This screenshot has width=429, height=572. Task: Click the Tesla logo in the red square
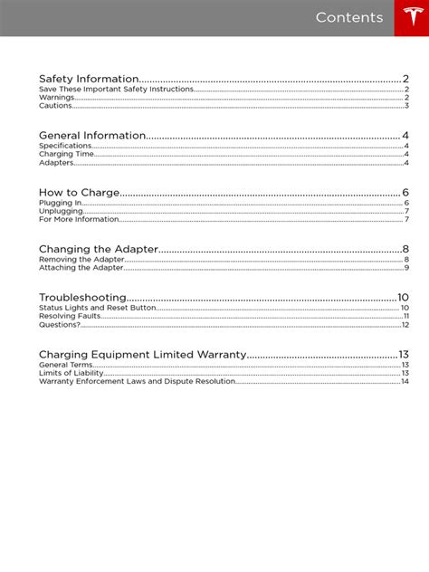tap(411, 18)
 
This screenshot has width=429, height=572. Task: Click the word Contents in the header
tap(349, 18)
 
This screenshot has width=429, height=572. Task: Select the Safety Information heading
tap(89, 79)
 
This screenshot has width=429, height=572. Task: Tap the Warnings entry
tap(56, 98)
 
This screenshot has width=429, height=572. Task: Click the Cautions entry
tap(55, 106)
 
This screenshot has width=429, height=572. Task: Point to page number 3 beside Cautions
tap(406, 106)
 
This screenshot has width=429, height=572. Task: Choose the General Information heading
tap(91, 136)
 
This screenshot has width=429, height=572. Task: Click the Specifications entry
tap(65, 146)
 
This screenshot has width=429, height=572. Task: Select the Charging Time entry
tap(67, 155)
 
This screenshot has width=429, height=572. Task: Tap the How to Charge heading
tap(79, 193)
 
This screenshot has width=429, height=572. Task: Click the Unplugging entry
tap(60, 211)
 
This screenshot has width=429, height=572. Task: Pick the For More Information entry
tap(79, 220)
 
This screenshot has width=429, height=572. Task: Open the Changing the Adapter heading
tap(99, 249)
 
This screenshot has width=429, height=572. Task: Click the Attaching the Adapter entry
tap(81, 268)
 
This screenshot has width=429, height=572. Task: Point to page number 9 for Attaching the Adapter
tap(406, 268)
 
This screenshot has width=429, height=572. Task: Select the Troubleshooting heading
tap(82, 298)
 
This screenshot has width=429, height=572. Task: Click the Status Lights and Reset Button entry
tap(98, 308)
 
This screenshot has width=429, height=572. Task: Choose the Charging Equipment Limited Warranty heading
tap(142, 354)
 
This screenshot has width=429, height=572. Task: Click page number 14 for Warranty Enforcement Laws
tap(405, 381)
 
